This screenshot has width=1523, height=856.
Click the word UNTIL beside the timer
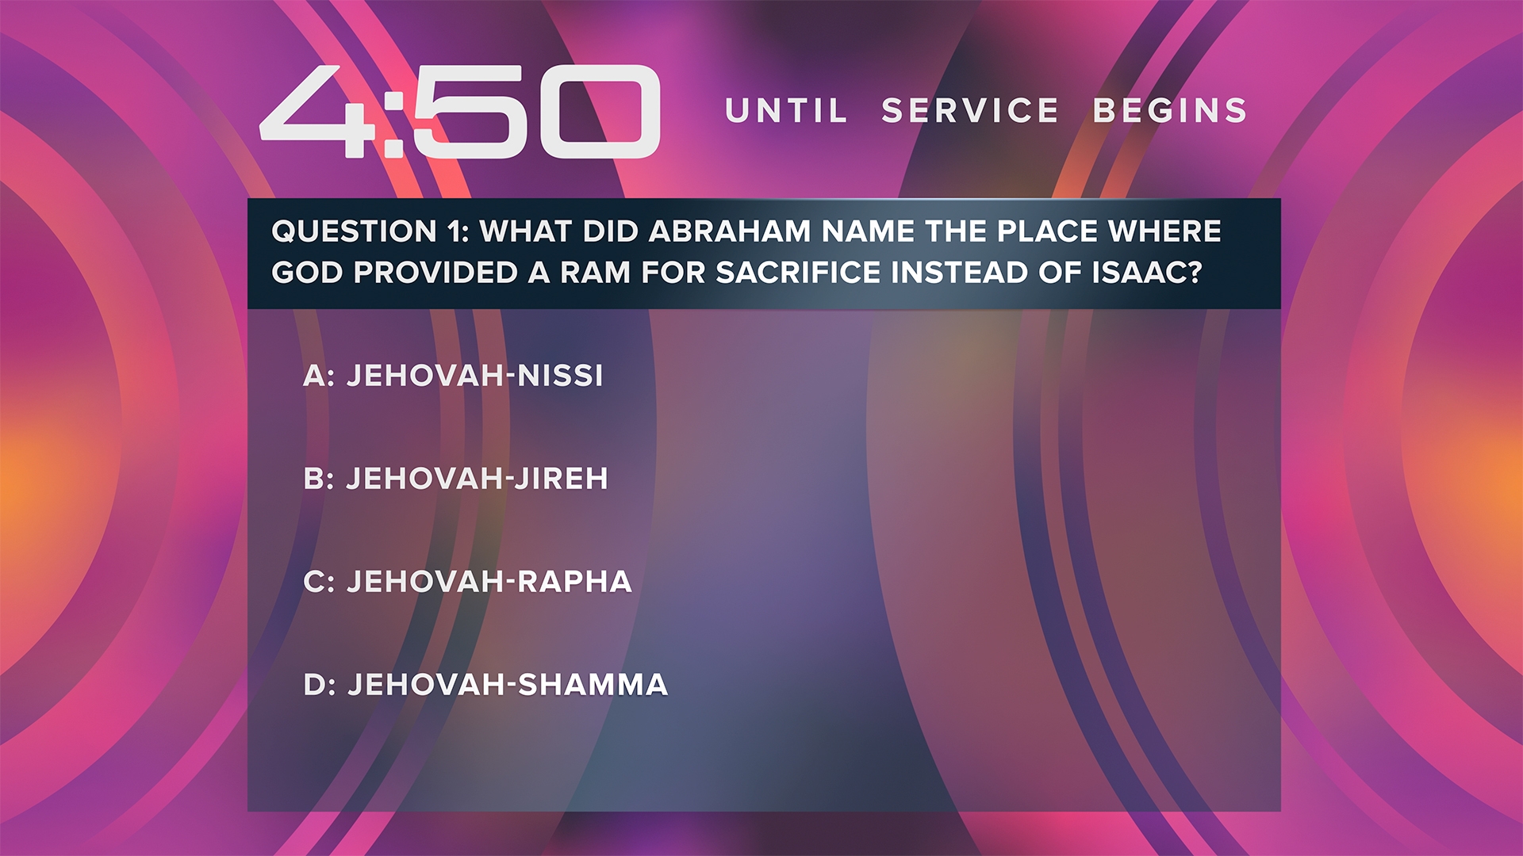786,111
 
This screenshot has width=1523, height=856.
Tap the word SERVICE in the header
970,111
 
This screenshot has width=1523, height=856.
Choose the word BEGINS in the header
1170,111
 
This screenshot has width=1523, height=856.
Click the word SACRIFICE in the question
798,273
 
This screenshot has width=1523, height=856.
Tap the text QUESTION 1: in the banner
370,231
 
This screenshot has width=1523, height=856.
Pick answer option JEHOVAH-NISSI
475,376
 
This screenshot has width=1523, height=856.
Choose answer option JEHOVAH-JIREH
477,479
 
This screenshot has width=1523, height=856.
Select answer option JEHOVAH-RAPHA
489,582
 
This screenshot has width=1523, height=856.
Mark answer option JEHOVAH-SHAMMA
508,685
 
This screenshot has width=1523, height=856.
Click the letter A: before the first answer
319,376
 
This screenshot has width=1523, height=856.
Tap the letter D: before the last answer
320,685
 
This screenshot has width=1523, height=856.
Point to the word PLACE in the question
1047,231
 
